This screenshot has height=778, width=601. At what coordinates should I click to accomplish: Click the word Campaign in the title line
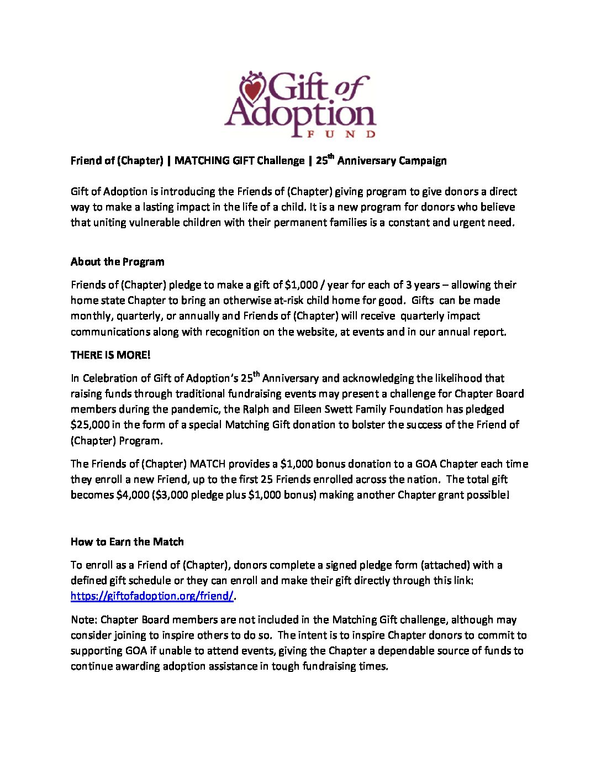pos(420,161)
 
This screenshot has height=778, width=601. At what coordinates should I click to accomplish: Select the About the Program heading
pos(118,262)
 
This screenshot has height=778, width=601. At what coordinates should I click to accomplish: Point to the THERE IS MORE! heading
pos(110,355)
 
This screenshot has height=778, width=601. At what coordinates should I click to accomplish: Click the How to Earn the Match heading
pos(127,542)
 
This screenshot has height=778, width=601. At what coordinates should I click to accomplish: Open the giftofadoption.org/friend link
pos(152,596)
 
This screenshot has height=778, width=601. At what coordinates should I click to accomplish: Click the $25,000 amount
pos(89,425)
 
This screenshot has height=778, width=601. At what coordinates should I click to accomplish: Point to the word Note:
pos(84,620)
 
